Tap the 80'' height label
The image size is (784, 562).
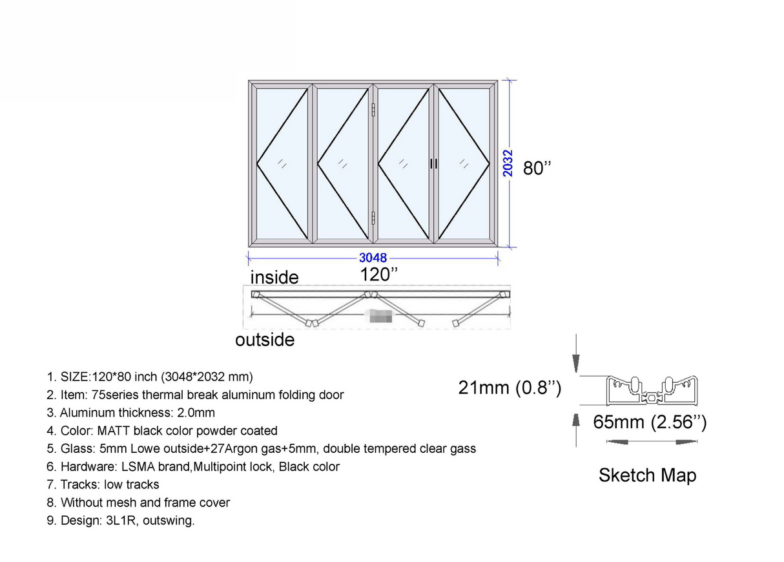coord(537,168)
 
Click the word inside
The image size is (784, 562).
coord(274,278)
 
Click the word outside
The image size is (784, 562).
coord(265,340)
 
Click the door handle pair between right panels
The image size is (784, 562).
coord(433,164)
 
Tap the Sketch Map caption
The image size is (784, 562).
coord(647,475)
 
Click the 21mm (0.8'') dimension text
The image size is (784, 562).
coord(510,388)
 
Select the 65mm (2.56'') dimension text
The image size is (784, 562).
coord(650,422)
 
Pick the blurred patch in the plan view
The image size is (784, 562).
coord(378,317)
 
